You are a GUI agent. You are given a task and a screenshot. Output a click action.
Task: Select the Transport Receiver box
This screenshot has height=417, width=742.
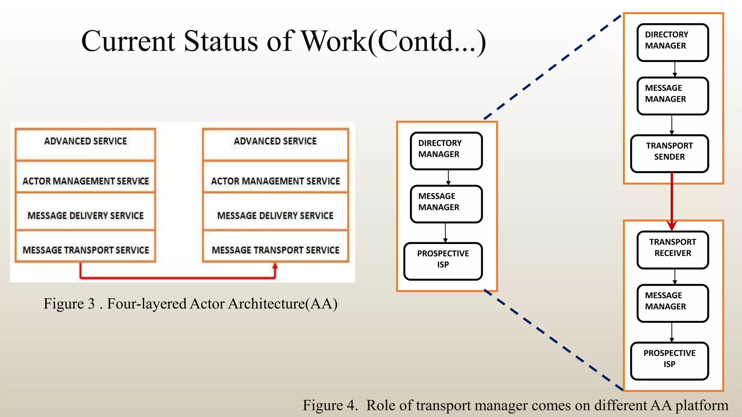[672, 250]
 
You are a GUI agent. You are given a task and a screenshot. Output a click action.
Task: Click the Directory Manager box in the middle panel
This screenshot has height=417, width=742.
[446, 151]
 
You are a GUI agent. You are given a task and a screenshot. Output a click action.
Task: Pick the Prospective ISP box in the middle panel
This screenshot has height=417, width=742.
[443, 261]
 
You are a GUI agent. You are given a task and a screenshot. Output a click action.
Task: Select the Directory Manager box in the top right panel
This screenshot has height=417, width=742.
[672, 42]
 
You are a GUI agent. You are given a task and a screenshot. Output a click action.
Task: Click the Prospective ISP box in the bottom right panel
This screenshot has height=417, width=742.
[669, 361]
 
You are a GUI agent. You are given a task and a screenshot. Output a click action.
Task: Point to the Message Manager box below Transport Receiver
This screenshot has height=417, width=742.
[672, 303]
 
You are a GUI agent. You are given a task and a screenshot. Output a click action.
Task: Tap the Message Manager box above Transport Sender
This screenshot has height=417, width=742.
[672, 96]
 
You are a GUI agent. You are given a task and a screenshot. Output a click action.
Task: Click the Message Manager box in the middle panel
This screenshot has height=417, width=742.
[446, 204]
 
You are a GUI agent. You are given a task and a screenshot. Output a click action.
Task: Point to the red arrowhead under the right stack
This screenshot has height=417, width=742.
[275, 266]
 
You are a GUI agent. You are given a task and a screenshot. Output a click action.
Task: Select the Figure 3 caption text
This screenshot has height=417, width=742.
[191, 303]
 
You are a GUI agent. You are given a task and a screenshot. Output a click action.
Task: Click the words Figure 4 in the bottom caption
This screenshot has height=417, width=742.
[330, 405]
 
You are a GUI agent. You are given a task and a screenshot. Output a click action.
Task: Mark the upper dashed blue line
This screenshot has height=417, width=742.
[553, 67]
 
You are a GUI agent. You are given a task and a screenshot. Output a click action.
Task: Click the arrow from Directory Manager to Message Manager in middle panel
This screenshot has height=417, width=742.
[448, 177]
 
